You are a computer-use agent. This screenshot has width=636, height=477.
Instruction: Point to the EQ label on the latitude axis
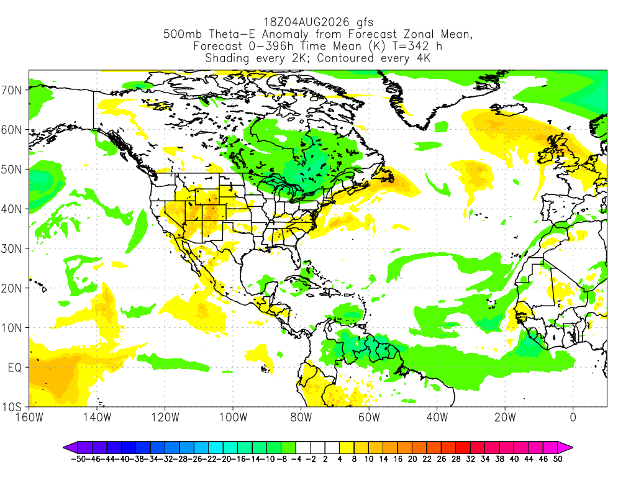tap(15, 368)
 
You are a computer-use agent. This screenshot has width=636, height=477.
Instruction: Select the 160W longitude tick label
tap(29, 417)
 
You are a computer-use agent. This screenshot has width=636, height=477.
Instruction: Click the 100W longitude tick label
tap(234, 417)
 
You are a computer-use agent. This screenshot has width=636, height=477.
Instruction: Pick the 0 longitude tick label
tap(573, 417)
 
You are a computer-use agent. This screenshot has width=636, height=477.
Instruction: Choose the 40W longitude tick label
tap(437, 417)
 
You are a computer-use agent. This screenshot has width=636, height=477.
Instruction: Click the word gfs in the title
tap(365, 22)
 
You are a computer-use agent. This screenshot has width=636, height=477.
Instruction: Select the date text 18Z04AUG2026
tap(306, 22)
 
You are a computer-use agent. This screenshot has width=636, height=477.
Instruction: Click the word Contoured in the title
tap(345, 58)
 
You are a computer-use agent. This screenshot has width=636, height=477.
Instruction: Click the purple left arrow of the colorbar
tap(70, 447)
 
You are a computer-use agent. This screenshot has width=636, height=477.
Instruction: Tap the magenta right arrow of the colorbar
tap(565, 447)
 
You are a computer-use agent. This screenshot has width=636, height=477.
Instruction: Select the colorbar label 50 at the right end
tap(558, 459)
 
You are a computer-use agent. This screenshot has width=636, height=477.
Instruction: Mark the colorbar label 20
tap(412, 459)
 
